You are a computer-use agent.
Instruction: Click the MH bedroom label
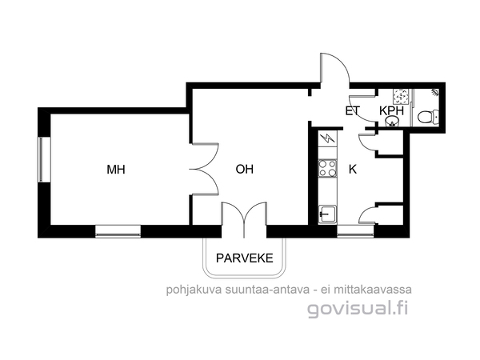pyautogui.click(x=116, y=170)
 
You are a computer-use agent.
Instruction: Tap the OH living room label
pyautogui.click(x=245, y=169)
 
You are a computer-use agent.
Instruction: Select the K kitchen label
pyautogui.click(x=353, y=169)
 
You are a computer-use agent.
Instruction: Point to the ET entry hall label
pyautogui.click(x=353, y=111)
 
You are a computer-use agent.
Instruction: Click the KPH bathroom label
pyautogui.click(x=391, y=111)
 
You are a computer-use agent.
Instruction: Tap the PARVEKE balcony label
pyautogui.click(x=245, y=258)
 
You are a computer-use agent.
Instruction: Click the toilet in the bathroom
pyautogui.click(x=428, y=117)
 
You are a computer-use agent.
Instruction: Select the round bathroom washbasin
pyautogui.click(x=391, y=122)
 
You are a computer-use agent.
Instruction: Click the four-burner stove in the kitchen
pyautogui.click(x=327, y=168)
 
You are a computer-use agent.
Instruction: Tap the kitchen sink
pyautogui.click(x=327, y=214)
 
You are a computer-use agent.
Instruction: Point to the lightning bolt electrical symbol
pyautogui.click(x=327, y=138)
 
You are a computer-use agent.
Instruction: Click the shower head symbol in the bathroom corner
pyautogui.click(x=435, y=91)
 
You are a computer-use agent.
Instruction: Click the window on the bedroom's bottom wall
pyautogui.click(x=118, y=231)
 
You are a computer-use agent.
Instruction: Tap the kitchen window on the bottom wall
pyautogui.click(x=355, y=231)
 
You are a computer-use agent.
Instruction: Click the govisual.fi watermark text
pyautogui.click(x=358, y=309)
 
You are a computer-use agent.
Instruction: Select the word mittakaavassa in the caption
pyautogui.click(x=373, y=290)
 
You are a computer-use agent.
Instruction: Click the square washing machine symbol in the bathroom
pyautogui.click(x=400, y=96)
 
